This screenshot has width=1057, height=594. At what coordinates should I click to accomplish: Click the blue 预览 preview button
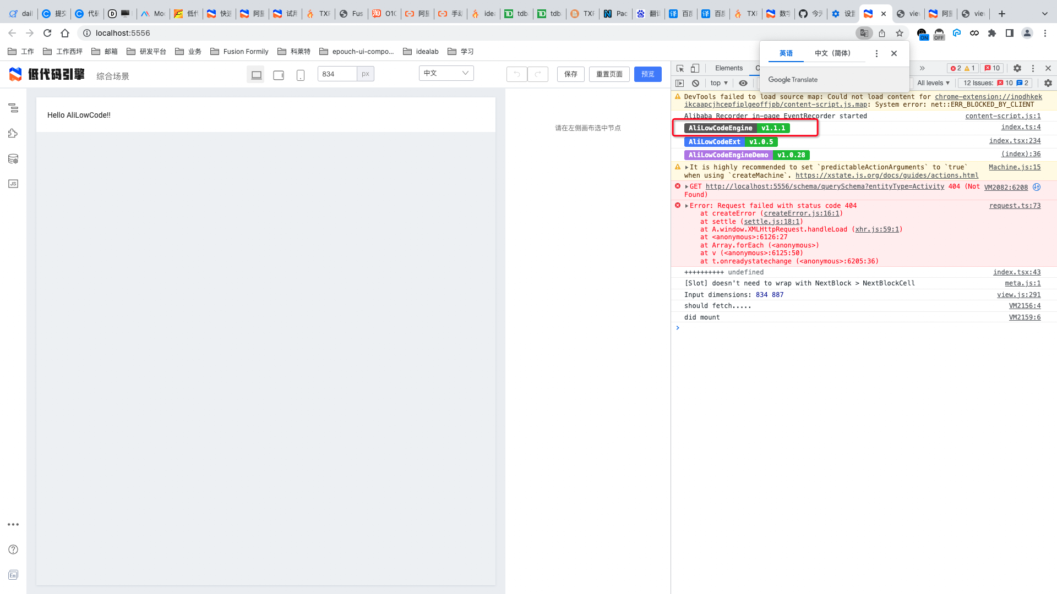click(647, 74)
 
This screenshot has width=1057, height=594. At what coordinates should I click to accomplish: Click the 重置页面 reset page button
click(609, 74)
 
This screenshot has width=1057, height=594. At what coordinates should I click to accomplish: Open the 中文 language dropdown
click(446, 73)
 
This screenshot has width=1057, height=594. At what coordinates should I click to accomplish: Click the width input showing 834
click(337, 74)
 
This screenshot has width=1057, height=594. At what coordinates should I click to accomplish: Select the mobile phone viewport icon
click(300, 75)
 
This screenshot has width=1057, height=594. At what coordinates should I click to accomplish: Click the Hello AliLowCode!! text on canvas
click(79, 115)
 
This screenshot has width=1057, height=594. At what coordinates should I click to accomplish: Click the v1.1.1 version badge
click(773, 128)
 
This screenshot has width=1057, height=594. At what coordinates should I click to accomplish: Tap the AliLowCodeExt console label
click(714, 142)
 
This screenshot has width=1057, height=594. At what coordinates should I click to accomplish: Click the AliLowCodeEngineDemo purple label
click(728, 155)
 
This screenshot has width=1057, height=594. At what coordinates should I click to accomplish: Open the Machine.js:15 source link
click(1014, 167)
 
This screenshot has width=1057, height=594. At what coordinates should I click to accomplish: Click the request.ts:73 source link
click(1015, 206)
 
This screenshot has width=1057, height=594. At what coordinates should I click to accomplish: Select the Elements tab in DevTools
click(728, 68)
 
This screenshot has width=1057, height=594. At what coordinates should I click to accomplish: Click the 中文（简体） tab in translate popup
click(832, 53)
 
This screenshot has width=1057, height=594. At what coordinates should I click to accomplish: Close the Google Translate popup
click(894, 53)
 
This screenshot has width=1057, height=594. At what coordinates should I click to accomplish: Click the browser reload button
click(47, 33)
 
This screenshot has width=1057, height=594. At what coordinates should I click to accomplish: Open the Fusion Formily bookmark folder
click(239, 52)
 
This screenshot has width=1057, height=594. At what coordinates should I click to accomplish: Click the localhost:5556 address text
click(123, 33)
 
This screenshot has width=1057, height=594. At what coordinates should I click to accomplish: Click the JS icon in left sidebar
click(13, 184)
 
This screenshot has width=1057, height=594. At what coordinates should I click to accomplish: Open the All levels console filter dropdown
click(933, 83)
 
